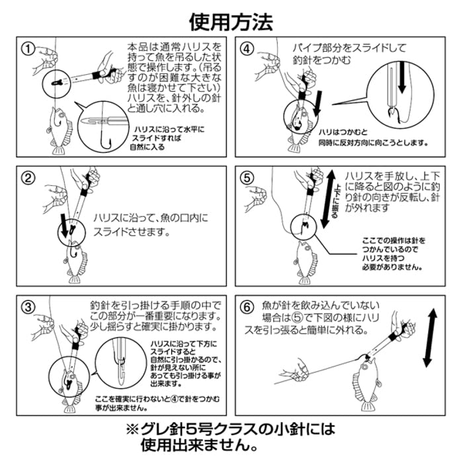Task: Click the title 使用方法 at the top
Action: pyautogui.click(x=231, y=21)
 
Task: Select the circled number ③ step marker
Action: pyautogui.click(x=28, y=306)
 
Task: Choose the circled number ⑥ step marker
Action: pyautogui.click(x=247, y=307)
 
